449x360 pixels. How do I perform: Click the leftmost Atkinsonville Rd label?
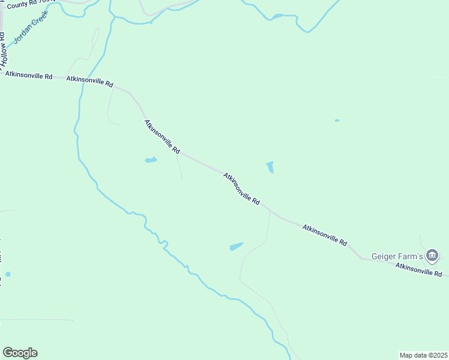pyautogui.click(x=29, y=76)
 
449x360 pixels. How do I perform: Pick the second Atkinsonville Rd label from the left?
pyautogui.click(x=90, y=80)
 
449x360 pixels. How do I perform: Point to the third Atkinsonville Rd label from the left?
pyautogui.click(x=162, y=137)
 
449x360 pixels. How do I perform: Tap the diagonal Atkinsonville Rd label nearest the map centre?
pyautogui.click(x=241, y=189)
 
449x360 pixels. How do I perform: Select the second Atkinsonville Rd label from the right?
pyautogui.click(x=325, y=235)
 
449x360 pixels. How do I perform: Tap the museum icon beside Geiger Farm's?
pyautogui.click(x=432, y=256)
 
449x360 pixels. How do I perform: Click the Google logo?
pyautogui.click(x=20, y=353)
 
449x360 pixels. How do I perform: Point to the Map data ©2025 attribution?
pyautogui.click(x=423, y=355)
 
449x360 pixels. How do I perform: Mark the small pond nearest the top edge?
pyautogui.click(x=277, y=16)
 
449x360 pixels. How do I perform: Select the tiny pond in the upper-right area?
pyautogui.click(x=337, y=121)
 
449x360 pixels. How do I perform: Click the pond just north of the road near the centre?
pyautogui.click(x=270, y=167)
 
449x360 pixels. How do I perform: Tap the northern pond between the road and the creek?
pyautogui.click(x=151, y=160)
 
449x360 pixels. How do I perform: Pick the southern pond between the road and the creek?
pyautogui.click(x=236, y=247)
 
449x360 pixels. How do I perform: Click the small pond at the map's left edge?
pyautogui.click(x=7, y=274)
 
